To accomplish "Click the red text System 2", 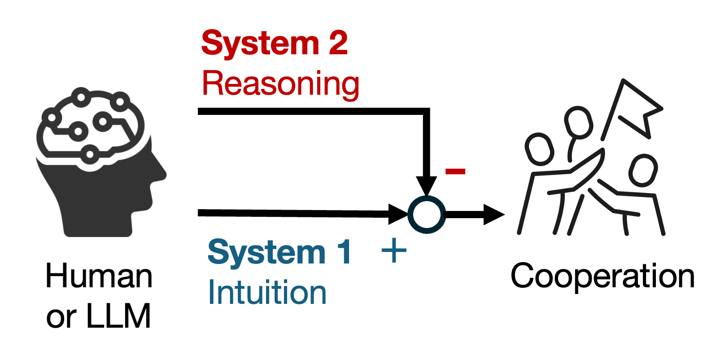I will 274,43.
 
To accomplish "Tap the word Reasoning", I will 280,84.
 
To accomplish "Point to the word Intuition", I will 267,293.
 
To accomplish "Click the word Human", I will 99,276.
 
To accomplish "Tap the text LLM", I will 118,316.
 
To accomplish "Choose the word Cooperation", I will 602,276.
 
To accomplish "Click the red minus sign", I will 455,171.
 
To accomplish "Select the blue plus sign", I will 394,250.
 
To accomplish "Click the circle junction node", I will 426,214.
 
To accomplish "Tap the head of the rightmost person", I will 643,170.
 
